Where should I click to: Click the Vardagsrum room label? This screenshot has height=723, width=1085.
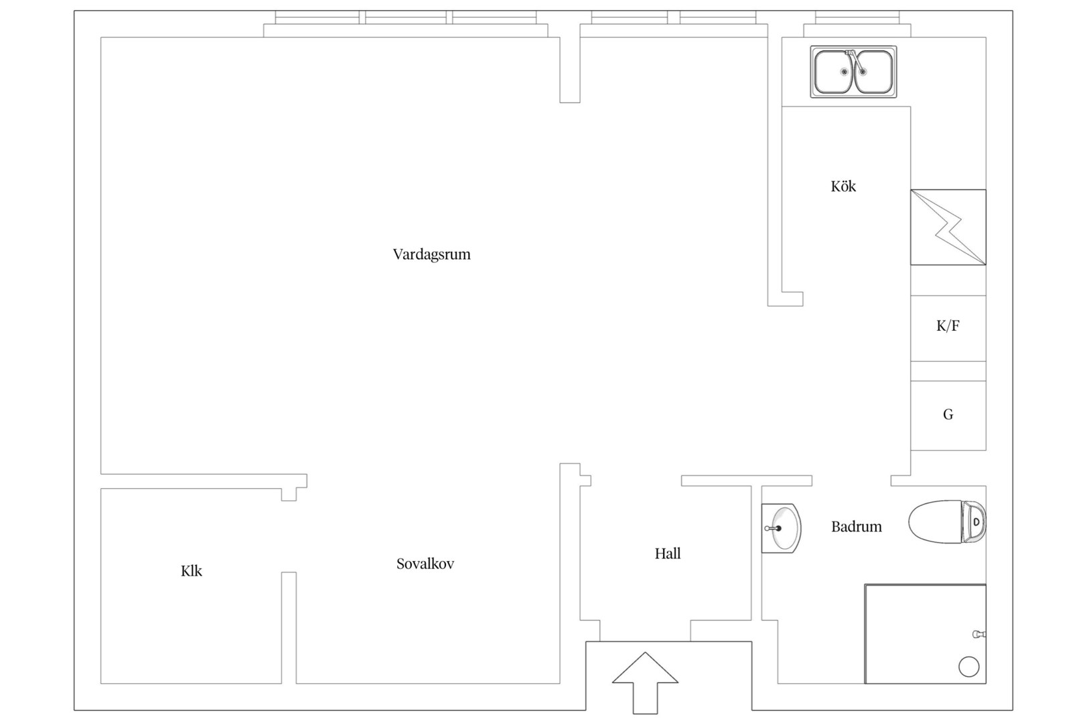431,254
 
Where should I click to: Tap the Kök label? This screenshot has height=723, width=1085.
843,186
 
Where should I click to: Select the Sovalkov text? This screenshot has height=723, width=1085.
425,564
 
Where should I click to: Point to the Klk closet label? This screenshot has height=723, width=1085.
192,571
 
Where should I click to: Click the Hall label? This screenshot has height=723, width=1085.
668,554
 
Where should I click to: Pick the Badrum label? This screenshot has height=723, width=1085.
857,526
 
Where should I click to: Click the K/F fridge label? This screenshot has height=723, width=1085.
948,326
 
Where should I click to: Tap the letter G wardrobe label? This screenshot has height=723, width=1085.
948,414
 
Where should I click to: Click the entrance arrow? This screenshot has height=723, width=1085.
645,683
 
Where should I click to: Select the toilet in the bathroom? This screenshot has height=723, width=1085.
947,521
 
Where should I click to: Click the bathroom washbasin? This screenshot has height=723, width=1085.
781,528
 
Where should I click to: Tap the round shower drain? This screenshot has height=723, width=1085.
968,667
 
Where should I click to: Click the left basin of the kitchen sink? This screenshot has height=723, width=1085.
834,72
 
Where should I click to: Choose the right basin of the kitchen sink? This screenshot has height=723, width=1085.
874,72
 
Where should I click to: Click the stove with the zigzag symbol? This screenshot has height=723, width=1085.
948,227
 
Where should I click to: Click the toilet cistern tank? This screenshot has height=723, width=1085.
974,521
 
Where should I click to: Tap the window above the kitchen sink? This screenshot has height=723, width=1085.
857,18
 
